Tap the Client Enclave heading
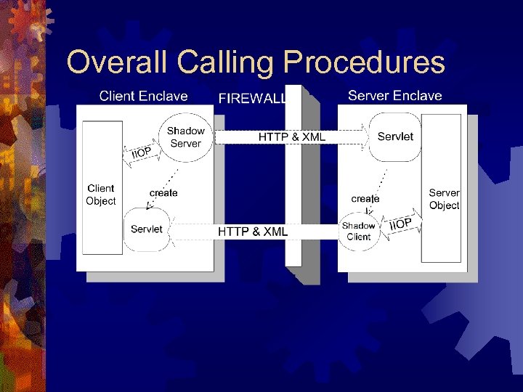(x=143, y=96)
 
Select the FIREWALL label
(x=252, y=98)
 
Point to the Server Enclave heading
(x=394, y=95)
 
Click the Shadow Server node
(x=185, y=137)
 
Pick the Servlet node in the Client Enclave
(x=147, y=229)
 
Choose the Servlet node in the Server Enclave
(x=395, y=136)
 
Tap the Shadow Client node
(x=359, y=231)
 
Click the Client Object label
(x=101, y=195)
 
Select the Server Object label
(x=443, y=199)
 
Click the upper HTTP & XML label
(x=292, y=136)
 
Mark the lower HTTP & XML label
(x=253, y=232)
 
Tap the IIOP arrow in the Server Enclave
(x=400, y=223)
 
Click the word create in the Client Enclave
(x=163, y=192)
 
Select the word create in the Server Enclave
(x=365, y=198)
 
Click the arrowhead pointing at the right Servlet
(x=365, y=136)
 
